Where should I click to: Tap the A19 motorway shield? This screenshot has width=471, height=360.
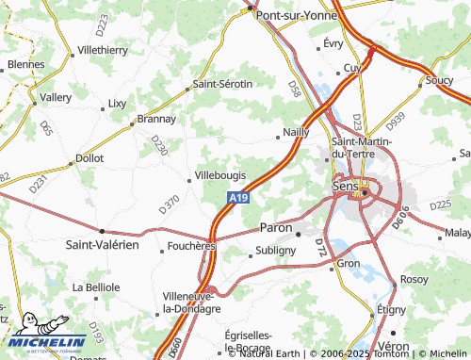[239, 199]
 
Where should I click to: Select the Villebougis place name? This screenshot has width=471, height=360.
[223, 176]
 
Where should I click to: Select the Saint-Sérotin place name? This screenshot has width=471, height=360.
[222, 84]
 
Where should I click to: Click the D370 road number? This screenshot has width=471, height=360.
[169, 203]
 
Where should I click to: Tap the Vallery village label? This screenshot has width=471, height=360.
[56, 97]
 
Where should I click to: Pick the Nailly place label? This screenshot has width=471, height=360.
[295, 133]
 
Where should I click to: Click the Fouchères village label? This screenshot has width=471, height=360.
[192, 247]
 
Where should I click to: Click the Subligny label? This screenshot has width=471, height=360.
[276, 252]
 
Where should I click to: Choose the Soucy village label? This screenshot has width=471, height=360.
[439, 81]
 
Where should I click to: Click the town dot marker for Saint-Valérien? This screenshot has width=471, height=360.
[102, 230]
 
